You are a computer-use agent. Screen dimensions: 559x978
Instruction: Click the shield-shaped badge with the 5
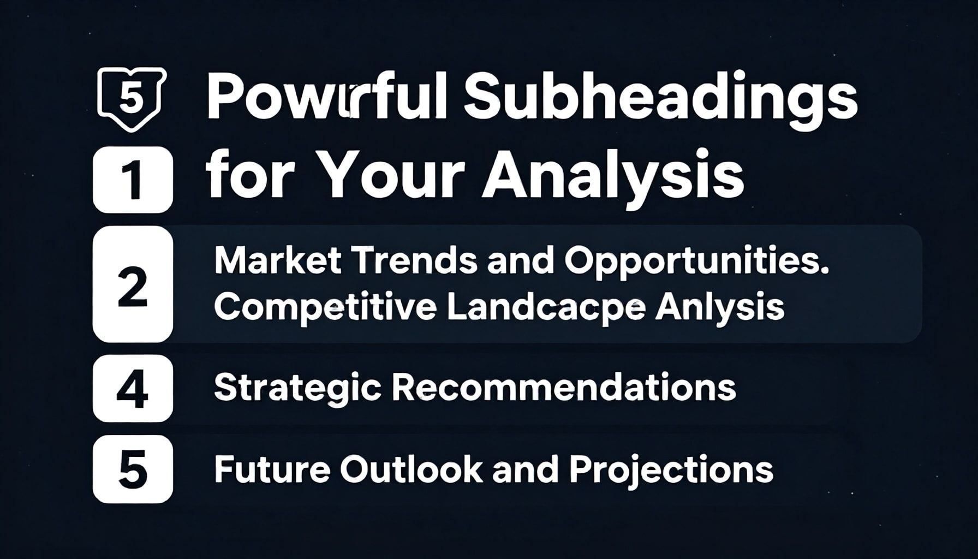tap(131, 98)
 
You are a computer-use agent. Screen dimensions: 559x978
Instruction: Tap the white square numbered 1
tap(133, 180)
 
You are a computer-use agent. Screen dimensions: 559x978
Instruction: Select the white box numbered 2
tap(133, 284)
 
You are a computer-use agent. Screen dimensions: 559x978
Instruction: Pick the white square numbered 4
tap(133, 388)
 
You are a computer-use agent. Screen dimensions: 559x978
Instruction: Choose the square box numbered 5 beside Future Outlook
tap(133, 469)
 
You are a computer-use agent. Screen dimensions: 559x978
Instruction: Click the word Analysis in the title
tap(612, 179)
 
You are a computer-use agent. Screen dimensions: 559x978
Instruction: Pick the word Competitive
tap(325, 308)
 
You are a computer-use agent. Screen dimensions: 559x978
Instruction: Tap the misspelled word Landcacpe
tap(546, 308)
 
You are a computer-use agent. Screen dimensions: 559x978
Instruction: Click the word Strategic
tap(297, 388)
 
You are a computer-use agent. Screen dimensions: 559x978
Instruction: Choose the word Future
tap(272, 468)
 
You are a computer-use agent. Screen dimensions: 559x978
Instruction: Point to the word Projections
tap(671, 469)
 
